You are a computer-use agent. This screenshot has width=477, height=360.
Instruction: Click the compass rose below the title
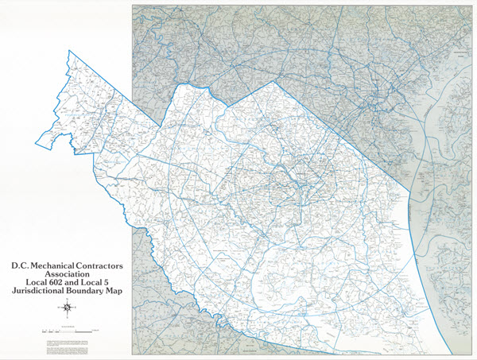pos(68,308)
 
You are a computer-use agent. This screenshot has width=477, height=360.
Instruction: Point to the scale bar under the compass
pos(68,329)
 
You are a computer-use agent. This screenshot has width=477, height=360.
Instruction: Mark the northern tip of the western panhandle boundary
pos(70,50)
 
